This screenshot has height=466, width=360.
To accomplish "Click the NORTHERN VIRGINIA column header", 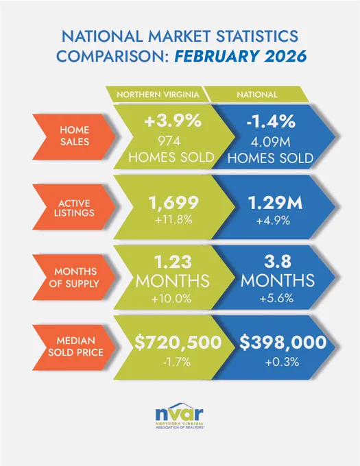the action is [x=158, y=95].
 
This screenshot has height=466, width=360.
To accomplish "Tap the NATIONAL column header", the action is [x=257, y=95].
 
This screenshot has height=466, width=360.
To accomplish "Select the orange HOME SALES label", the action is [x=74, y=136].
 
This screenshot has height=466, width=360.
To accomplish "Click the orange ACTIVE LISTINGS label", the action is [x=74, y=208].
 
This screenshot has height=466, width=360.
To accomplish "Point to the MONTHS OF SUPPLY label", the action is [x=74, y=277].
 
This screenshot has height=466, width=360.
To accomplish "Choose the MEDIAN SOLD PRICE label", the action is [x=74, y=347].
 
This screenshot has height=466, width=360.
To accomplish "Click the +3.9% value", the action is [x=173, y=121].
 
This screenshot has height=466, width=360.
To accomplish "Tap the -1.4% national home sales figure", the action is [x=271, y=121].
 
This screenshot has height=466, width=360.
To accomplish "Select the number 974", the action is [x=169, y=141].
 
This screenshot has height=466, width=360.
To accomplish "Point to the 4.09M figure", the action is [x=271, y=142].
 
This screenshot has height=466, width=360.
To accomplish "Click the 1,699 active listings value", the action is [x=173, y=203].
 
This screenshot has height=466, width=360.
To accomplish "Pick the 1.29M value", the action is [x=275, y=203].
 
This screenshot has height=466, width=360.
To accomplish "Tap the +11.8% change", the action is [x=173, y=220].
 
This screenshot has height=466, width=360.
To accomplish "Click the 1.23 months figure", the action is [x=173, y=262].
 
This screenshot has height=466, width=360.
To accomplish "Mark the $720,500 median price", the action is [x=178, y=343].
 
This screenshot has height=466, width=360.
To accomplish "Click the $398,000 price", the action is [x=283, y=343].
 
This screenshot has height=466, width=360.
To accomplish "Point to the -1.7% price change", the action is [x=177, y=363].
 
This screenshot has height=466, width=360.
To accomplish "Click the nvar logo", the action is [x=180, y=416].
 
